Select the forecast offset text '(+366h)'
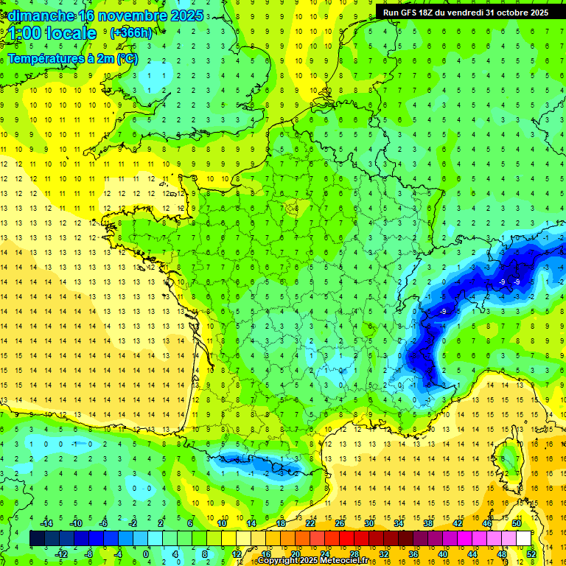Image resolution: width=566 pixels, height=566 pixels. pyautogui.click(x=131, y=32)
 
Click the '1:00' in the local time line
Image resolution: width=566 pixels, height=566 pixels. pyautogui.click(x=25, y=33)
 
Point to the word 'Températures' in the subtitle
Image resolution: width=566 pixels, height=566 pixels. pyautogui.click(x=46, y=58)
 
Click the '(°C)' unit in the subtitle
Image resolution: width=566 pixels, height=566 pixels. pyautogui.click(x=127, y=58)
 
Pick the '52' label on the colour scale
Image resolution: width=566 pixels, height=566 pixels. pyautogui.click(x=531, y=553)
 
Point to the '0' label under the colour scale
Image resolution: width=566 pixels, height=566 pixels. pyautogui.click(x=145, y=553)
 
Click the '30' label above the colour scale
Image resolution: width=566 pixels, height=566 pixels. pyautogui.click(x=368, y=523)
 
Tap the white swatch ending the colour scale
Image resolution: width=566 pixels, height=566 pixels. pyautogui.click(x=523, y=539)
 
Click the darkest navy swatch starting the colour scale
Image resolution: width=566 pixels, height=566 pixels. pyautogui.click(x=37, y=539)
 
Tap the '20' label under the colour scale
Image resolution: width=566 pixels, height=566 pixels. pyautogui.click(x=295, y=553)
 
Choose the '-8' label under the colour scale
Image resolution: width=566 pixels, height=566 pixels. pyautogui.click(x=88, y=553)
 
